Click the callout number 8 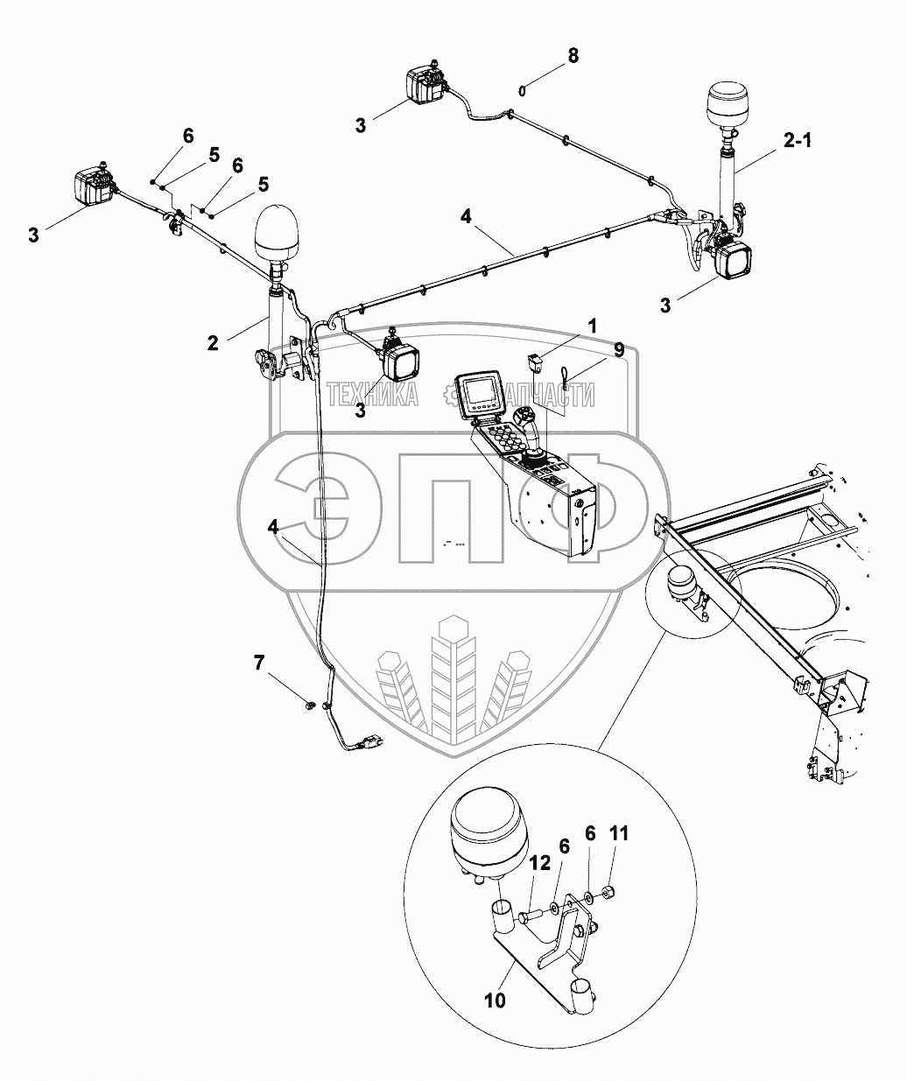573,56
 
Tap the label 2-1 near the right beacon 797,139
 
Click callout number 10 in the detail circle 496,1000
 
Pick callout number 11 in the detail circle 619,833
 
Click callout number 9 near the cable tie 618,350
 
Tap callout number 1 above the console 593,326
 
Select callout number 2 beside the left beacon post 213,343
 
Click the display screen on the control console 480,395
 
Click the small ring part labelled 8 522,88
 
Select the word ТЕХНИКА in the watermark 372,397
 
